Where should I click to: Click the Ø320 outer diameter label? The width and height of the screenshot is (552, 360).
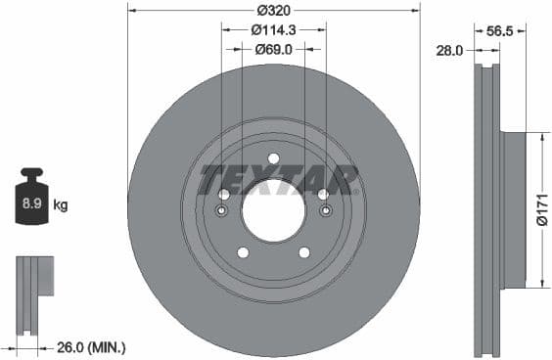pyautogui.click(x=274, y=10)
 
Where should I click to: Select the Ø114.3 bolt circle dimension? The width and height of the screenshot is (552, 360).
pyautogui.click(x=274, y=29)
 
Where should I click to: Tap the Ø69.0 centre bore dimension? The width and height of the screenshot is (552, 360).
pyautogui.click(x=274, y=48)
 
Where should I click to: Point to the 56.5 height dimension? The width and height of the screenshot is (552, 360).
pyautogui.click(x=501, y=30)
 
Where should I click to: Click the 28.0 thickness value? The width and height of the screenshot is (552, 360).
pyautogui.click(x=449, y=49)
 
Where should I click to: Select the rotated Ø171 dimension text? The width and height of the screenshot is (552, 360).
pyautogui.click(x=541, y=208)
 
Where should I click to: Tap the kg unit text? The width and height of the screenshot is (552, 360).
pyautogui.click(x=61, y=205)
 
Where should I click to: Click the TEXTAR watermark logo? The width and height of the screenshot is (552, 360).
pyautogui.click(x=278, y=180)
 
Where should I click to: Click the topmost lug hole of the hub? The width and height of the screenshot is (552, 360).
pyautogui.click(x=273, y=158)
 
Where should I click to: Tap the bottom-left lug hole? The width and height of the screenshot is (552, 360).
pyautogui.click(x=243, y=252)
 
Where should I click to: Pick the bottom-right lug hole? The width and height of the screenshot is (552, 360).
pyautogui.click(x=304, y=252)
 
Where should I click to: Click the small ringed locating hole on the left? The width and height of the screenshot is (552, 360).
pyautogui.click(x=221, y=211)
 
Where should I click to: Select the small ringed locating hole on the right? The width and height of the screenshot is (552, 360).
pyautogui.click(x=326, y=211)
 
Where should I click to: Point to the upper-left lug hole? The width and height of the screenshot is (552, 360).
pyautogui.click(x=224, y=195)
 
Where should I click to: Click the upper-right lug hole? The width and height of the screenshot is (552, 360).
pyautogui.click(x=323, y=195)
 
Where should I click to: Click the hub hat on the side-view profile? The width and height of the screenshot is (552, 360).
pyautogui.click(x=513, y=210)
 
